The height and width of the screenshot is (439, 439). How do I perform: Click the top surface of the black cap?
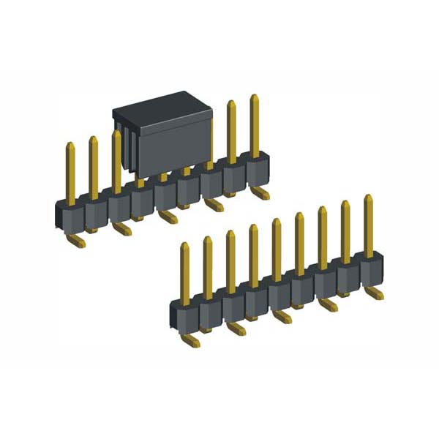point(161,106)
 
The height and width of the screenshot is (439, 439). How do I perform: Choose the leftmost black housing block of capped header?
point(70,215)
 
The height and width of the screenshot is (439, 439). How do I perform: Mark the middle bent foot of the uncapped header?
point(282,317)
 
